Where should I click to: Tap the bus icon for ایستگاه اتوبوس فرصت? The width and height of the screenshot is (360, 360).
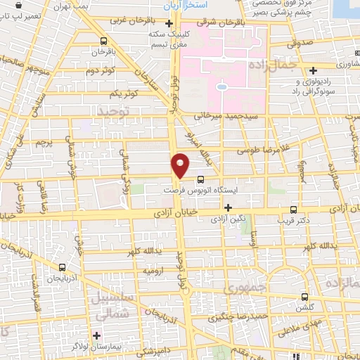[x=201, y=179]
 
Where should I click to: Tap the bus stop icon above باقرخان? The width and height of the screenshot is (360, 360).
[x=104, y=41]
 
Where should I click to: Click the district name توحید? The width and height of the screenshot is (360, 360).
[x=115, y=112]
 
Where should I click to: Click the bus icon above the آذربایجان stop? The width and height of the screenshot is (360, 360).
[x=63, y=267]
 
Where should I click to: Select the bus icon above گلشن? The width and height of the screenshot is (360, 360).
[x=304, y=296]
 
